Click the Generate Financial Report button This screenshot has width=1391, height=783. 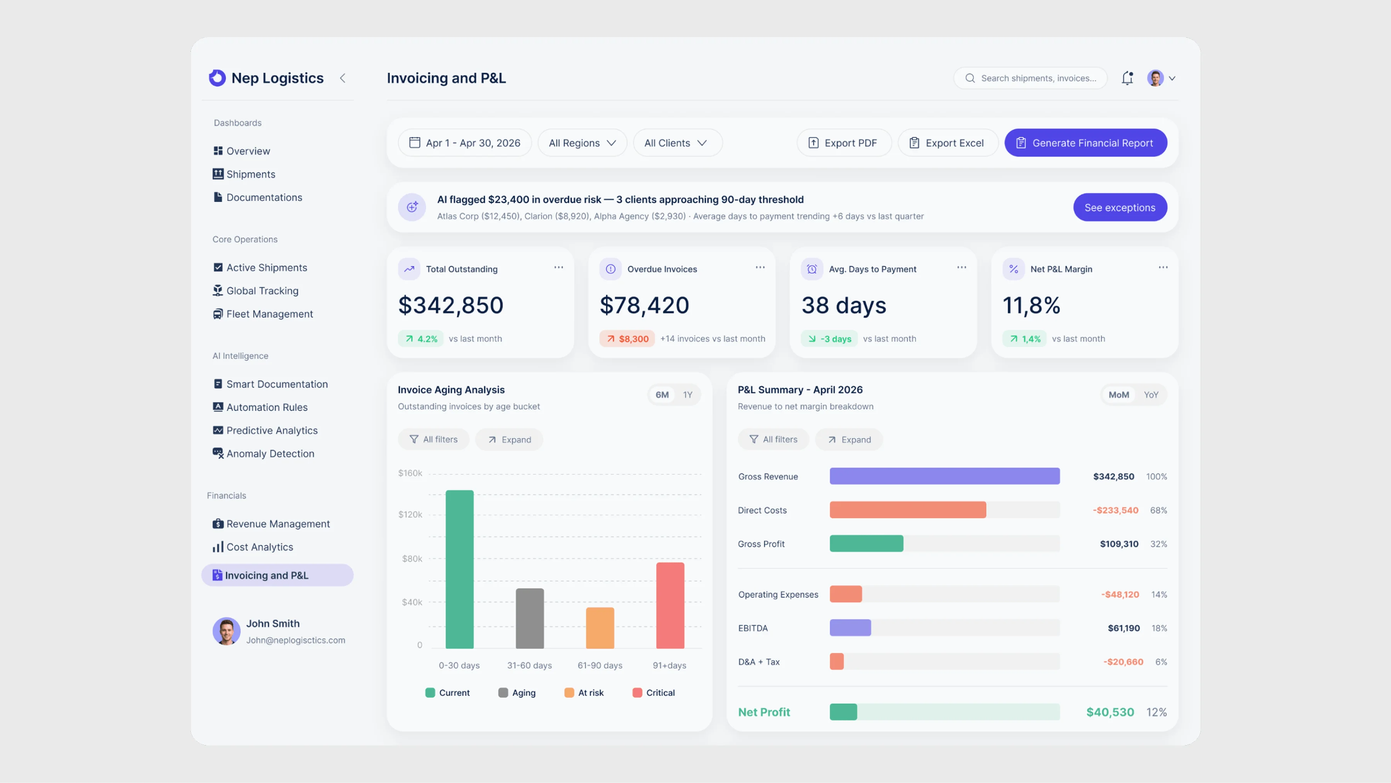(x=1085, y=143)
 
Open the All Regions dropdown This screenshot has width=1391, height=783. (x=582, y=143)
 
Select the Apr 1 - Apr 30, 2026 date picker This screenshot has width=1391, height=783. (x=464, y=143)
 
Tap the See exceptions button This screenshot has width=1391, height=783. (x=1120, y=207)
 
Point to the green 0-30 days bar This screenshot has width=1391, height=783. (x=459, y=569)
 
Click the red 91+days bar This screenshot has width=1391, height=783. (x=670, y=605)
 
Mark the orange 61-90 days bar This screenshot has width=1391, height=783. (x=600, y=628)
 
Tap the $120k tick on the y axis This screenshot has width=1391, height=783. (x=410, y=515)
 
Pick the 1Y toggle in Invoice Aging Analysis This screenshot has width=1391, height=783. (x=687, y=395)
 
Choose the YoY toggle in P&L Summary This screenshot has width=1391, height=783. (x=1151, y=395)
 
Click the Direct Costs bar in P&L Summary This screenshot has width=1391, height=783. (x=908, y=510)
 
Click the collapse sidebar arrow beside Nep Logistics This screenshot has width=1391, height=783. (x=342, y=78)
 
